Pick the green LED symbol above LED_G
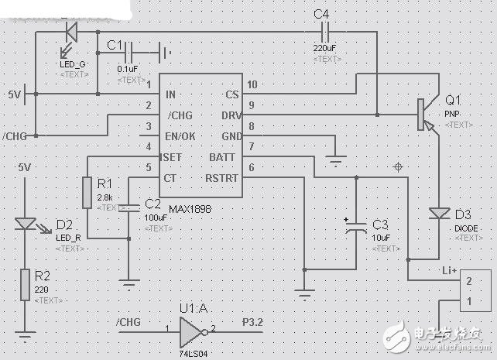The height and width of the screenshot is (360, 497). [x=70, y=32]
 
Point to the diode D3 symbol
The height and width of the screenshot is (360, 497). [x=440, y=214]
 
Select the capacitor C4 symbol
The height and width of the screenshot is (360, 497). [x=325, y=32]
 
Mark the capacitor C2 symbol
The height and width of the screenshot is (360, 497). [x=129, y=207]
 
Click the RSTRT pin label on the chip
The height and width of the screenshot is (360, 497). [x=221, y=178]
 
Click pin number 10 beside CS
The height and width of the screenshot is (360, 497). [x=252, y=85]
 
